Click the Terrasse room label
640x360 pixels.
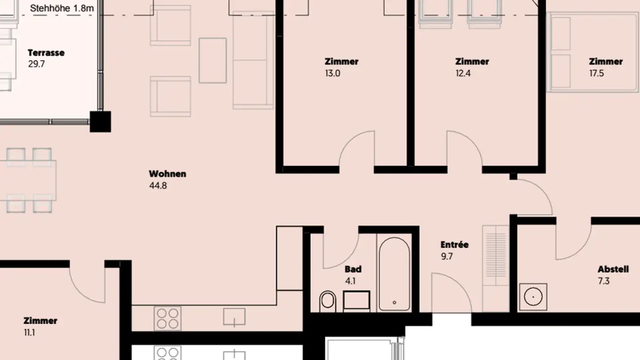(x=46, y=53)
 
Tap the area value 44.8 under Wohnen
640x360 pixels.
(x=158, y=186)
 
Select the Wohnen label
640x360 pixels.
(x=167, y=174)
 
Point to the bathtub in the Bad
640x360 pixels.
(x=394, y=274)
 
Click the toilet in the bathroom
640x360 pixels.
(x=328, y=301)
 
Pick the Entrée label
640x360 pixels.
(x=454, y=245)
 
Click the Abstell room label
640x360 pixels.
(x=613, y=269)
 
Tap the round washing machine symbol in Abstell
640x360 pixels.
(x=533, y=296)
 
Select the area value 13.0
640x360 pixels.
(x=332, y=73)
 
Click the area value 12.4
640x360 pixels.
(x=463, y=73)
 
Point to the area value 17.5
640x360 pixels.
(x=596, y=73)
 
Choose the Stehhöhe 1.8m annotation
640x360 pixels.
(x=62, y=8)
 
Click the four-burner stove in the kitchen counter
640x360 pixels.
(x=168, y=318)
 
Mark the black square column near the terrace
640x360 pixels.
(x=100, y=122)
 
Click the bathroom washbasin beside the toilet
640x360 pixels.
(x=356, y=301)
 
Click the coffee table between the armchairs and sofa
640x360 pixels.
(x=212, y=60)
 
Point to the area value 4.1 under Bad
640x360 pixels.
(x=350, y=281)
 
